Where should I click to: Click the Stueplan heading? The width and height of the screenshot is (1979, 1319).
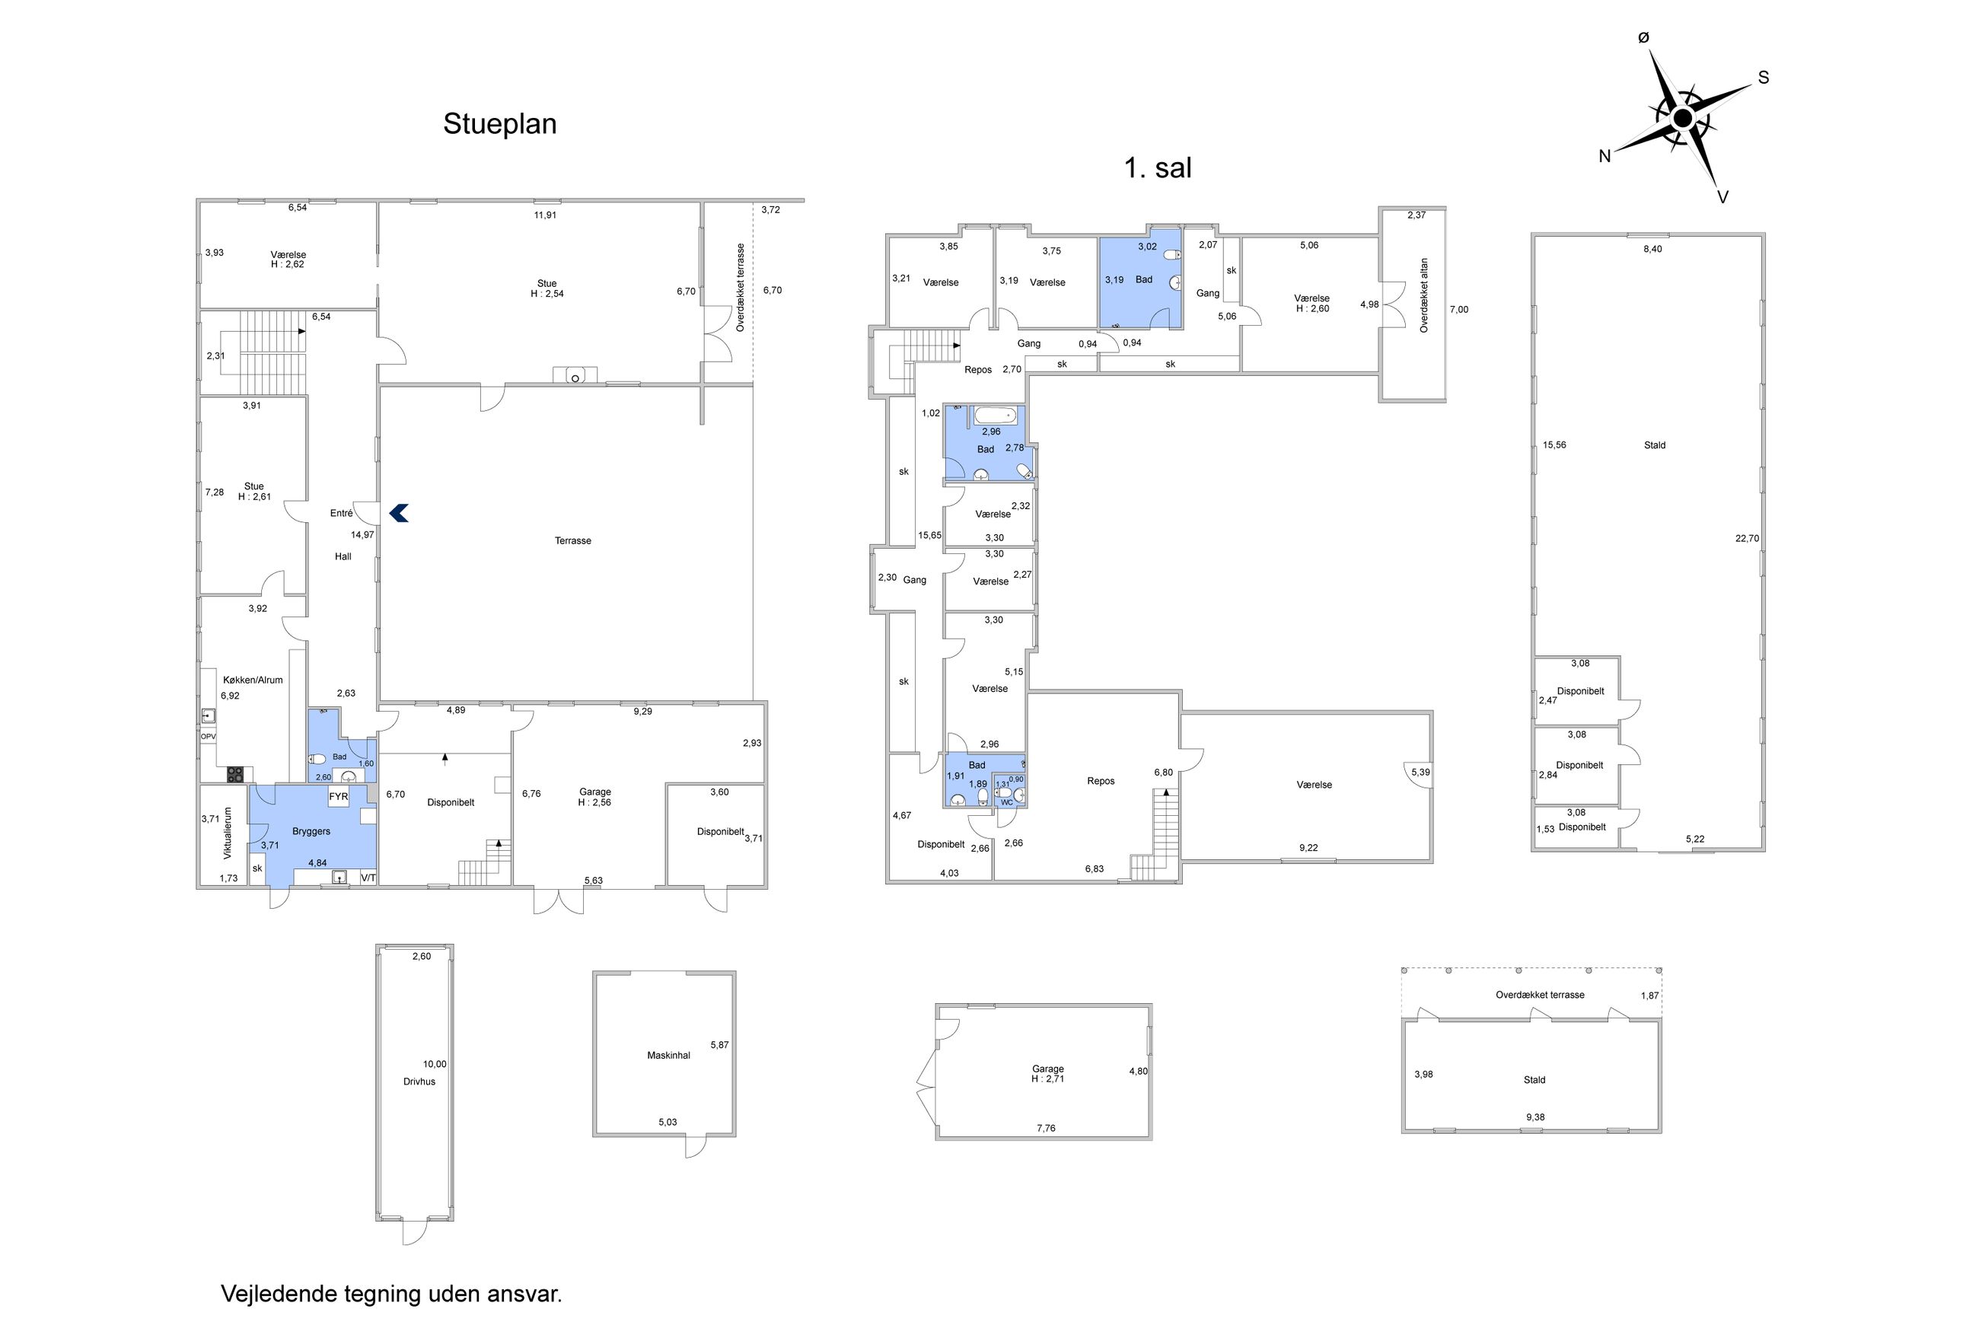click(x=499, y=123)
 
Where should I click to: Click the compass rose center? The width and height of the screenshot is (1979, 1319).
click(x=1682, y=119)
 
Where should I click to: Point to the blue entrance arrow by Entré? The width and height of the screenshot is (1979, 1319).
click(x=399, y=512)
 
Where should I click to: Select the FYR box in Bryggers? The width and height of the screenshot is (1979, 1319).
click(x=338, y=797)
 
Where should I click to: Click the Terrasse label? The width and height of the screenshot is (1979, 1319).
click(x=572, y=541)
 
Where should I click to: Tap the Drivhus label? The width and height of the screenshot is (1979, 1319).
click(x=419, y=1082)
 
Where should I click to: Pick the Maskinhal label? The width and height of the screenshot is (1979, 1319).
click(x=668, y=1055)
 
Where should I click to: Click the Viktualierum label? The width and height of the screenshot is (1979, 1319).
click(x=227, y=833)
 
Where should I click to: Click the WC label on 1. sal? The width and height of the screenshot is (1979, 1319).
click(x=1007, y=802)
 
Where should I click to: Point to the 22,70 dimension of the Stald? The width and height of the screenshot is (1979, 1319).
click(x=1747, y=538)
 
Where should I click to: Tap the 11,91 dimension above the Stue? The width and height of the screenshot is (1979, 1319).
click(x=545, y=215)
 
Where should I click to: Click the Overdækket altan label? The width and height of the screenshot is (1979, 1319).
click(x=1424, y=295)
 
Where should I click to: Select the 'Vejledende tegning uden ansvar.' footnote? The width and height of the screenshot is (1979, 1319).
click(x=391, y=1294)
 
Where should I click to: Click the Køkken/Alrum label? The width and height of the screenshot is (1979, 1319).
click(x=252, y=680)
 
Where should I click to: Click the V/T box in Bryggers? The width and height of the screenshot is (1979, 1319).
click(x=368, y=878)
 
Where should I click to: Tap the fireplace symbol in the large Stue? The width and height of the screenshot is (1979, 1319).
click(x=575, y=375)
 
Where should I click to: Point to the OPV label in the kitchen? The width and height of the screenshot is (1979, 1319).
click(x=208, y=736)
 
